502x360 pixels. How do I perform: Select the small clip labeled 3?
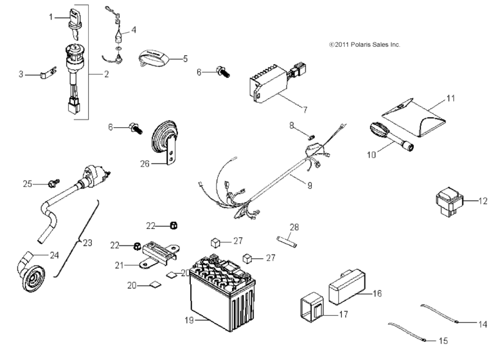[x=45, y=76]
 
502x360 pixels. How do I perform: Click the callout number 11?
[x=450, y=99]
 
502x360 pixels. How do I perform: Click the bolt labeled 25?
[x=52, y=183]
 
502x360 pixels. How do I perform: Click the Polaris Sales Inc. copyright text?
[x=364, y=44]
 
